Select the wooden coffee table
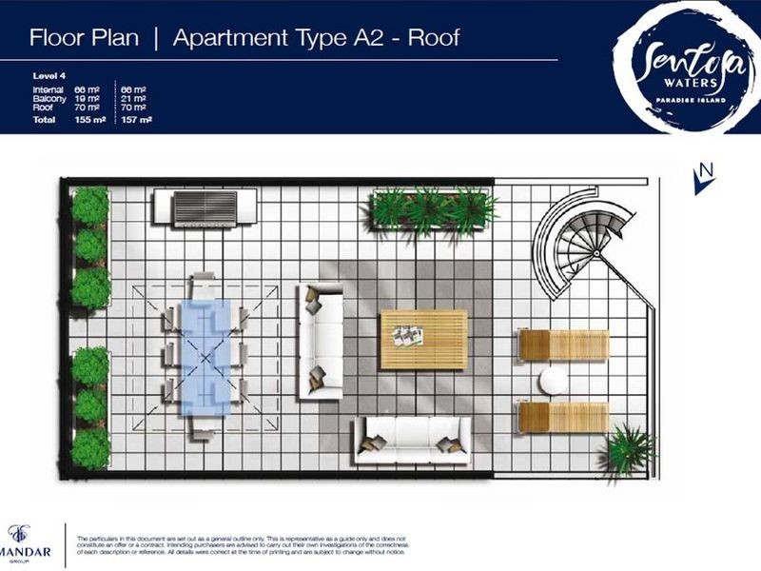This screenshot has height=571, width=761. (423, 340)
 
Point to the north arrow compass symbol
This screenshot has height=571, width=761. (704, 177)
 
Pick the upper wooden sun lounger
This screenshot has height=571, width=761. (563, 345)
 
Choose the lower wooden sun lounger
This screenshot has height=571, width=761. (563, 416)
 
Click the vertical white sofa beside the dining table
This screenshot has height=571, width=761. (320, 341)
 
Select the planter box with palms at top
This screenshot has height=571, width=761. (433, 209)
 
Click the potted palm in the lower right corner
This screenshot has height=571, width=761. (628, 449)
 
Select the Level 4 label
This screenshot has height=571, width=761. (46, 78)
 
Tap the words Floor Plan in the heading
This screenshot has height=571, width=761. (84, 38)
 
